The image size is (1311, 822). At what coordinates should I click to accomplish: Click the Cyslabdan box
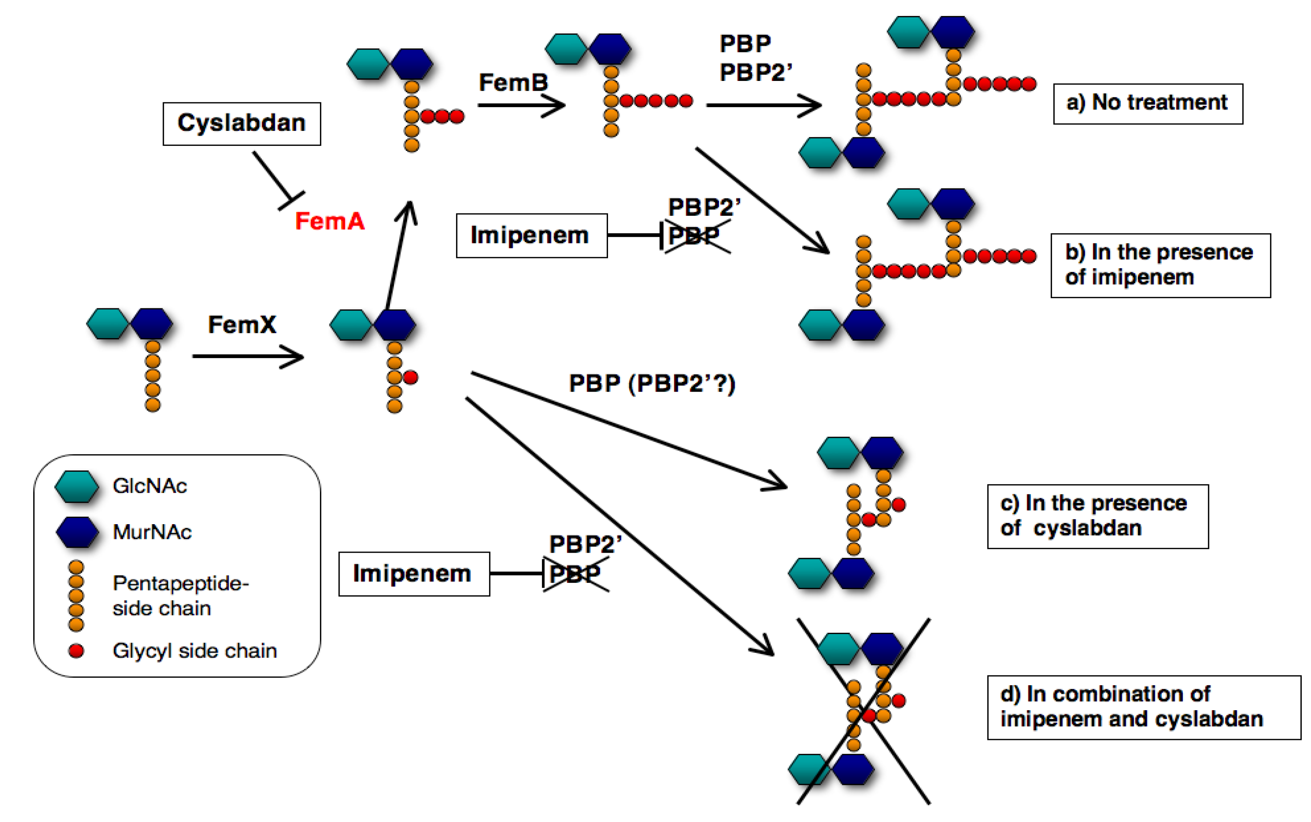tap(241, 124)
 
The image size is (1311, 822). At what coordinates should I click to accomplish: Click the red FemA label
tap(329, 221)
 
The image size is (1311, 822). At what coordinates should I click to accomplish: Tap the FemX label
tap(242, 324)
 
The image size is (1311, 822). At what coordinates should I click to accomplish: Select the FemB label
tap(513, 82)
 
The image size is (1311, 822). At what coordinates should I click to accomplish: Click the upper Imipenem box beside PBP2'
tap(531, 235)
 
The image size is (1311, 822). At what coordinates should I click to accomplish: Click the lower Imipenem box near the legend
tap(414, 573)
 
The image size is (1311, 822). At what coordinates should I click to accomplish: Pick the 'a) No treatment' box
tap(1147, 103)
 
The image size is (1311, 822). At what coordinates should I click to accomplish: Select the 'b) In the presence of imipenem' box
tap(1160, 265)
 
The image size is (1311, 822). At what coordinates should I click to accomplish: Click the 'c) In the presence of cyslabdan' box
tap(1097, 516)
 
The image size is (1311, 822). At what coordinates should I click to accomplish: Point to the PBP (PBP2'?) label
tap(652, 383)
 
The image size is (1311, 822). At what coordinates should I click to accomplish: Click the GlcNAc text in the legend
tap(150, 485)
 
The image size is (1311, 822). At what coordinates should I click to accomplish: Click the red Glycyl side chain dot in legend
tap(77, 650)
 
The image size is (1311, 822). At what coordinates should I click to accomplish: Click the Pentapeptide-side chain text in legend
tap(180, 595)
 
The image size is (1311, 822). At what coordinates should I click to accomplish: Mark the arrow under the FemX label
tap(247, 356)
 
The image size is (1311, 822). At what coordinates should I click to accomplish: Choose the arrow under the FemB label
tap(521, 105)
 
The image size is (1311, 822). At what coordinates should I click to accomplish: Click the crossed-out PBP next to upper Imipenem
tap(694, 236)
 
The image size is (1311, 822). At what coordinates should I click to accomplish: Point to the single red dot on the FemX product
tap(410, 377)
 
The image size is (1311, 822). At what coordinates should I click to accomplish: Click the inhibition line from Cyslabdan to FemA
tap(274, 178)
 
